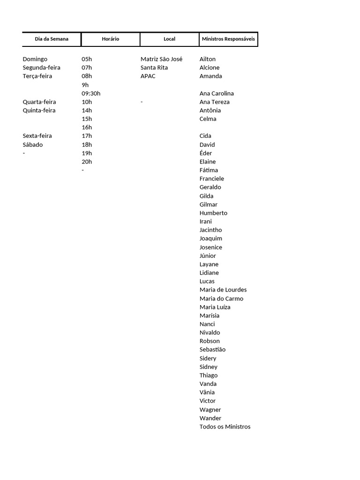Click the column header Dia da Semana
(52, 39)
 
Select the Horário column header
(111, 39)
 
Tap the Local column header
(169, 39)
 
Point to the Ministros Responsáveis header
(229, 39)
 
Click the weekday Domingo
(35, 59)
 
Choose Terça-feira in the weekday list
(37, 76)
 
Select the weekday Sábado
(33, 144)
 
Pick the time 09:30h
(91, 93)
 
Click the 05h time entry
(87, 59)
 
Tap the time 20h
(87, 162)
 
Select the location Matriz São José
(162, 59)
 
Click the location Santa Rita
(154, 67)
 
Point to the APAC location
(148, 76)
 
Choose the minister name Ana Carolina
(217, 93)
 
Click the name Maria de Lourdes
(223, 290)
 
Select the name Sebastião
(212, 349)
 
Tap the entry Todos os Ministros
(225, 427)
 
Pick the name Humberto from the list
(213, 213)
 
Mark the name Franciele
(212, 179)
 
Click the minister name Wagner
(210, 410)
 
